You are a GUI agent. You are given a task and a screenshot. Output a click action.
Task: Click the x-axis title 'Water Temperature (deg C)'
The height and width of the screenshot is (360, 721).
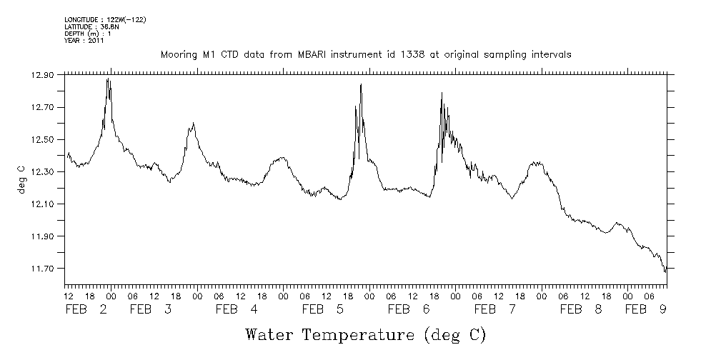366,334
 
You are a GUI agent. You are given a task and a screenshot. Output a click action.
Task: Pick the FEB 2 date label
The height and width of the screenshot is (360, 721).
86,310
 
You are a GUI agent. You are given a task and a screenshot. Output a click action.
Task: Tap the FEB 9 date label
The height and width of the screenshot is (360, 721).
646,310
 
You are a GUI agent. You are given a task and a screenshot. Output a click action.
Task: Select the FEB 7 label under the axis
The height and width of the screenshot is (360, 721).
494,310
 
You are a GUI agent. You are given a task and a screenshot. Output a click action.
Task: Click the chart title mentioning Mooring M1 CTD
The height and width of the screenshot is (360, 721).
366,55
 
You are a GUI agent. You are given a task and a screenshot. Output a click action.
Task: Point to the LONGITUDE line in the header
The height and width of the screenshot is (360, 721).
105,19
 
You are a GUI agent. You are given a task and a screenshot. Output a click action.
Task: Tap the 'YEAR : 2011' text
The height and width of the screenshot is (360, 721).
84,41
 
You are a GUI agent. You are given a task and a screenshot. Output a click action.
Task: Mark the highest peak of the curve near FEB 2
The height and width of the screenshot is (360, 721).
107,79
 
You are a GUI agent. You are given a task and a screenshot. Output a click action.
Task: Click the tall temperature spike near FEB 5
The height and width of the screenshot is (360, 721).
361,85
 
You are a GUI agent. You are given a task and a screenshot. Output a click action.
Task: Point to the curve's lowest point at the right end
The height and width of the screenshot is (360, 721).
665,272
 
